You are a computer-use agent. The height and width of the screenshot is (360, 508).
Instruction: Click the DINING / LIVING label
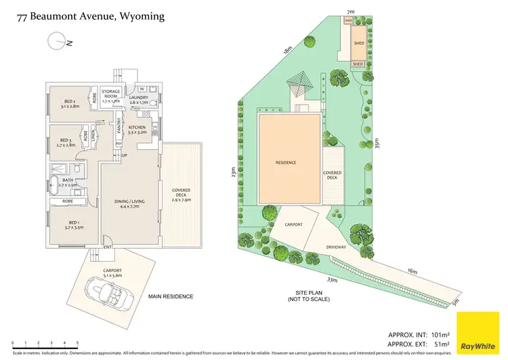tap(127, 203)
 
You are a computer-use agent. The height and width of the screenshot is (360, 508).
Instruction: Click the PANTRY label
tap(119, 125)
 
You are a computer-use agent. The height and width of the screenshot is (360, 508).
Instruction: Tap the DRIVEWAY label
tap(336, 247)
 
